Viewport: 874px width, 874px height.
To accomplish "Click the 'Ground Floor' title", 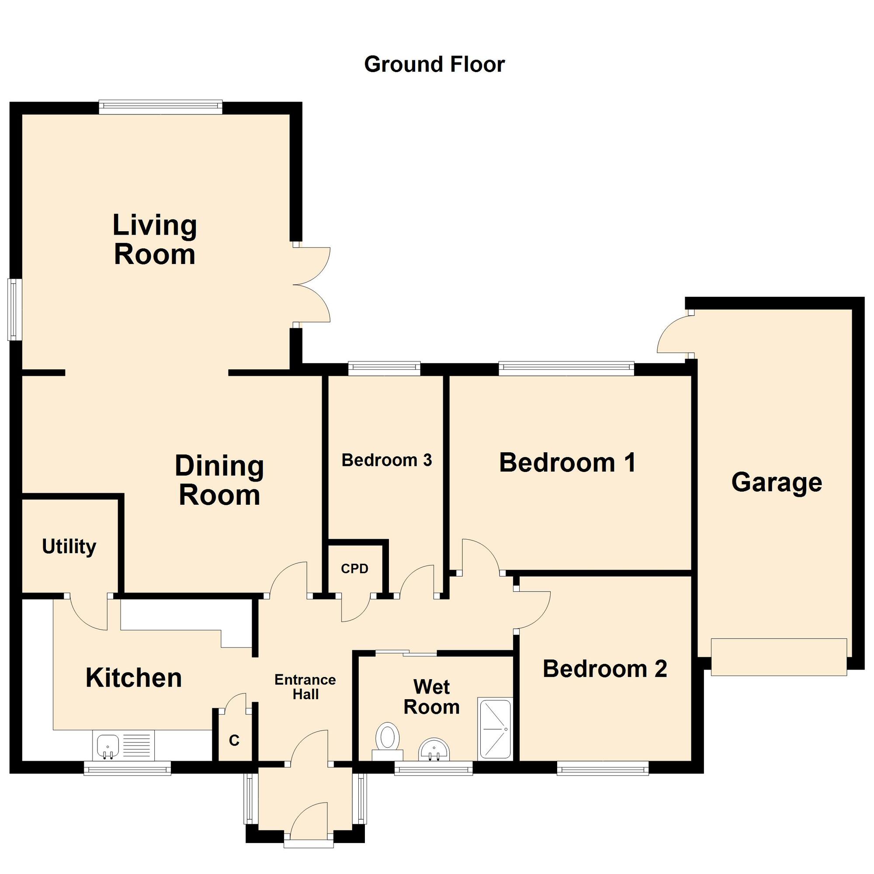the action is pyautogui.click(x=434, y=65).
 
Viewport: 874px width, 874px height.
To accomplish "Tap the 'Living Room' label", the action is pyautogui.click(x=154, y=240).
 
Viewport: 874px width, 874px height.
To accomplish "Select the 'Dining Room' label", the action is pyautogui.click(x=219, y=480).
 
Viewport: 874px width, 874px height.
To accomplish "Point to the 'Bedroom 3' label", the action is pyautogui.click(x=387, y=460).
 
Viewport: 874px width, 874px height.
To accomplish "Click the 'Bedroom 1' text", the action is pyautogui.click(x=567, y=463).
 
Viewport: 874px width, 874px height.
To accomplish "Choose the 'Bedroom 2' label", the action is pyautogui.click(x=605, y=669).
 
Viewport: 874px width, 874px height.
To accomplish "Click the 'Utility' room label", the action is pyautogui.click(x=69, y=547).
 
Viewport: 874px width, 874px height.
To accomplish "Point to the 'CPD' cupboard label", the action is pyautogui.click(x=355, y=569).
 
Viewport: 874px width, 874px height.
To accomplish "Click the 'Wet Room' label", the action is pyautogui.click(x=432, y=697).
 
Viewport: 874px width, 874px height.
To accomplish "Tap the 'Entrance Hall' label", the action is pyautogui.click(x=305, y=687).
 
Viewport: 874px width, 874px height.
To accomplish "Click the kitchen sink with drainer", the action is pyautogui.click(x=124, y=745).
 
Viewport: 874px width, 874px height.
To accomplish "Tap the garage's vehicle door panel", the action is pyautogui.click(x=779, y=657).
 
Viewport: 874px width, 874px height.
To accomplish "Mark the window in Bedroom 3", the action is pyautogui.click(x=384, y=369).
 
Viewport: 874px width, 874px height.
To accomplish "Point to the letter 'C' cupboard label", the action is pyautogui.click(x=234, y=741).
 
